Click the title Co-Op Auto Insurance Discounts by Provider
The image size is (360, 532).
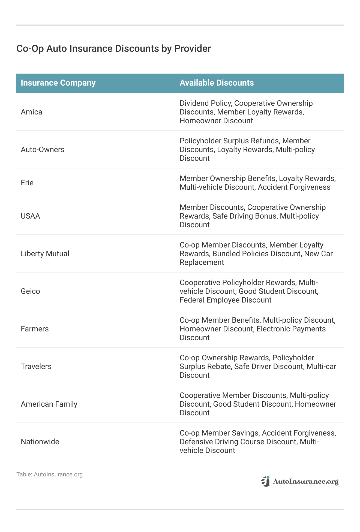point(113,49)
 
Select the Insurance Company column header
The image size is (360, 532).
point(58,83)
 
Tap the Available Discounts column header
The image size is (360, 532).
point(217,83)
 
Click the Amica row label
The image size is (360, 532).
point(31,112)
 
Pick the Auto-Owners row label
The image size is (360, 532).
point(43,150)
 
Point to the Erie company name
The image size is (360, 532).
point(27,183)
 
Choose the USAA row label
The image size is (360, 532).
point(30,216)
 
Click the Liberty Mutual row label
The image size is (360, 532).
point(45,254)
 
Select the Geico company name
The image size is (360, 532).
point(30,291)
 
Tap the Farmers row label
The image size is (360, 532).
point(35,329)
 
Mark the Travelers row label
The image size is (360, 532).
point(36,367)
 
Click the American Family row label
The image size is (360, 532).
point(49,404)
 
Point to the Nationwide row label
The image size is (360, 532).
point(40,442)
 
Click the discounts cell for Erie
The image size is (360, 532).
point(257,183)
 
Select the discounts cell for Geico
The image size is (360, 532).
point(249,291)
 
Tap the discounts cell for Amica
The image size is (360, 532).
point(246,112)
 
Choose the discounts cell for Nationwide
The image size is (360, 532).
point(257,442)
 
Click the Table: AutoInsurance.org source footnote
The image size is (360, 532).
point(49,474)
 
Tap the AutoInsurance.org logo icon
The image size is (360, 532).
point(265,481)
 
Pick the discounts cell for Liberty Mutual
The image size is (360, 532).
point(256,254)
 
